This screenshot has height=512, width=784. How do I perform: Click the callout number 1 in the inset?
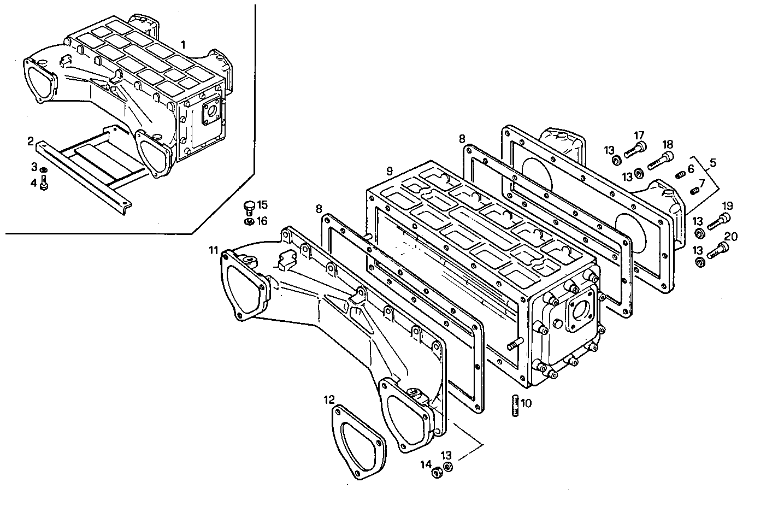[184, 44]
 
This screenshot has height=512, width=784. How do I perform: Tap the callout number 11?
[213, 250]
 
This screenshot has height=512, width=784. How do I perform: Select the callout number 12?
[328, 400]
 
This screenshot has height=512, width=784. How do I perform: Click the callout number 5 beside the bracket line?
[713, 163]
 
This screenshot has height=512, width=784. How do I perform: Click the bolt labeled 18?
[659, 161]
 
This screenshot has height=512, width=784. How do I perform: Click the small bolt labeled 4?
[44, 185]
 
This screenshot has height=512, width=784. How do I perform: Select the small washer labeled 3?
[45, 170]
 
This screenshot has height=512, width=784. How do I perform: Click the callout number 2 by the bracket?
[31, 142]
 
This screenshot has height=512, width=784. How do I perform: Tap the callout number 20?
[730, 237]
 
